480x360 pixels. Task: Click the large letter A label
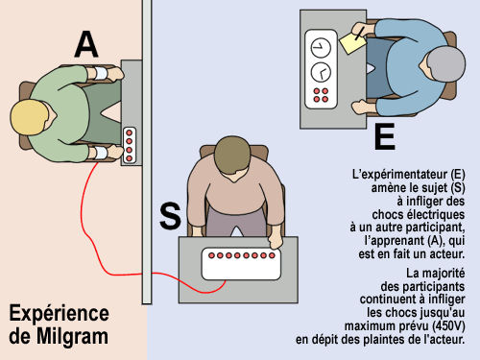[x=86, y=45]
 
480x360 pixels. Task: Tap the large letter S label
[x=170, y=216]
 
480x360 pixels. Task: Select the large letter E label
[x=385, y=136]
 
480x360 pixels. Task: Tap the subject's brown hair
[x=233, y=155]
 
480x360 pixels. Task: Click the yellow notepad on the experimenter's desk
[x=352, y=43]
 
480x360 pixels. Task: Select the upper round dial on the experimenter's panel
[x=321, y=48]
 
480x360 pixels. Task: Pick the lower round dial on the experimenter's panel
[x=321, y=72]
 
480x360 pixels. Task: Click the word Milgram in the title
[x=72, y=336]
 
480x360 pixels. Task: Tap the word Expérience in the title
[x=60, y=313]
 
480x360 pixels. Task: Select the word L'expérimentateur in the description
[x=400, y=175]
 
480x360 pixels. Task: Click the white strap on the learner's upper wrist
[x=101, y=74]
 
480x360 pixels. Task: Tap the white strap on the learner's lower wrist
[x=101, y=154]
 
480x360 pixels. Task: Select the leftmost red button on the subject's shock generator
[x=211, y=255]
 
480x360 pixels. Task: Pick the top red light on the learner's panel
[x=130, y=132]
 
